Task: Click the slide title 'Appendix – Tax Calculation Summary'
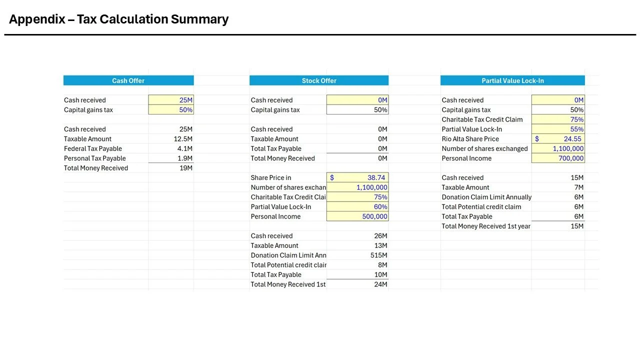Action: pos(118,19)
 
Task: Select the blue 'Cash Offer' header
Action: pos(128,80)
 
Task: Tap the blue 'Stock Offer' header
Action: pos(319,80)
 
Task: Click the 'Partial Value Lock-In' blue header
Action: pos(512,80)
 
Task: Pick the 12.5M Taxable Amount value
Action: pos(183,139)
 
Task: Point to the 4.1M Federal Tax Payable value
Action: pos(184,148)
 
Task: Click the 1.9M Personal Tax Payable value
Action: pos(184,158)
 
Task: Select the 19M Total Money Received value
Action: pos(185,168)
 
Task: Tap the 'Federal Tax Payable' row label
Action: pos(93,148)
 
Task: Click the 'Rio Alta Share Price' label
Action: pos(470,139)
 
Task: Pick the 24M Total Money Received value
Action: pos(380,284)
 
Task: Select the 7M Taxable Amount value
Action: pos(578,187)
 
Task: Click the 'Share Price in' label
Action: pos(271,177)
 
